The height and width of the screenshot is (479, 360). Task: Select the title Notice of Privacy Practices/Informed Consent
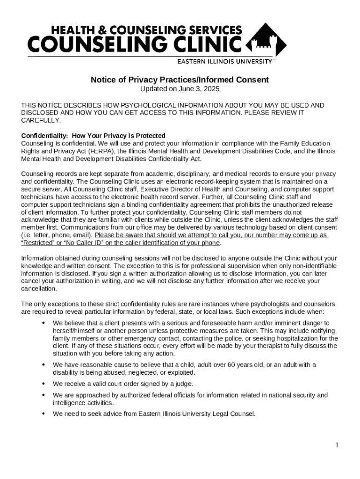(180, 80)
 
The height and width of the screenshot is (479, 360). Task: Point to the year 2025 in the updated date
(212, 89)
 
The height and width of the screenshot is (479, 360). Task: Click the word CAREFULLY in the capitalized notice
(41, 120)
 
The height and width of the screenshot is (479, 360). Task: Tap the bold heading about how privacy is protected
(93, 136)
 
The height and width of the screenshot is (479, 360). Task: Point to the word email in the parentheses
(83, 235)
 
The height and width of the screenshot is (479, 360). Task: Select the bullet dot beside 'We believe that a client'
(43, 323)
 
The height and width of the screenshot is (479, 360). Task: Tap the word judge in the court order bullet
(184, 384)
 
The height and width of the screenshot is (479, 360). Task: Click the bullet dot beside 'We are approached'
(43, 395)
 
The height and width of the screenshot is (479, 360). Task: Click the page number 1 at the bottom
(337, 445)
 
